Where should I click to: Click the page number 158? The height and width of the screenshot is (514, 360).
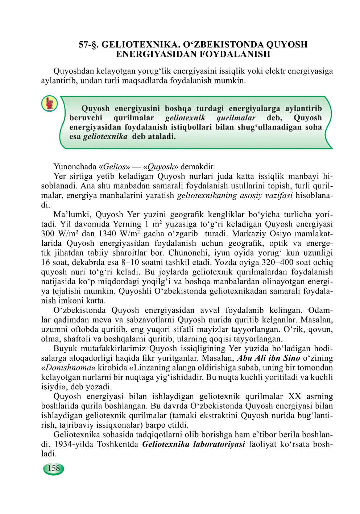54,468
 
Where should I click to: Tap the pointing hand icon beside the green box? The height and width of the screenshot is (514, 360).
49,104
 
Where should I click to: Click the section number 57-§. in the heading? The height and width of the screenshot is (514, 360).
89,45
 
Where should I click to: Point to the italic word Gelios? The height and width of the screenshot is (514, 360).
114,167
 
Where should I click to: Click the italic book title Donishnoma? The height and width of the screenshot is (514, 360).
68,368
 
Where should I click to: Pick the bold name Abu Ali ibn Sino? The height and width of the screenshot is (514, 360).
268,358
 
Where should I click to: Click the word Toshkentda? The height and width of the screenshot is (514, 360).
117,444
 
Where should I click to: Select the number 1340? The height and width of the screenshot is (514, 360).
107,234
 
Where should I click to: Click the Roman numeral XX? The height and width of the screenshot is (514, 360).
294,396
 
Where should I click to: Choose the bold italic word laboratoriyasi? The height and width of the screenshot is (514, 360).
219,444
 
